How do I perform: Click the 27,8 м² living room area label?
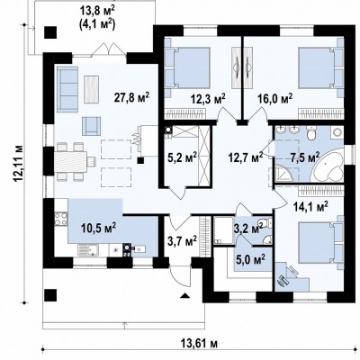(x=131, y=98)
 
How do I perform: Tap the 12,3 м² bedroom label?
(x=208, y=99)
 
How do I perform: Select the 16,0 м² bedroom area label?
(x=275, y=99)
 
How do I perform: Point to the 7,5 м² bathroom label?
(x=305, y=157)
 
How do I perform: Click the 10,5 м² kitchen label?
(x=99, y=229)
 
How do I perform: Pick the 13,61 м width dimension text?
(x=199, y=343)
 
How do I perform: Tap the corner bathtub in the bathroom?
(x=328, y=164)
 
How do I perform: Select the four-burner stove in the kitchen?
(x=61, y=219)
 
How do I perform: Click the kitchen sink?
(x=88, y=249)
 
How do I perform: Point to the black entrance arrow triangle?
(x=184, y=296)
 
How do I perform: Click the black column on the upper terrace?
(x=50, y=32)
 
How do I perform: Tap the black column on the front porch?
(x=50, y=295)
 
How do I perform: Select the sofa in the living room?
(x=67, y=89)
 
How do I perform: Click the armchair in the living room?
(x=91, y=126)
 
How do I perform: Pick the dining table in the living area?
(x=71, y=162)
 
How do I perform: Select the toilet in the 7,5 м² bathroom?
(x=311, y=133)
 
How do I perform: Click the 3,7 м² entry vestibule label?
(x=182, y=240)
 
